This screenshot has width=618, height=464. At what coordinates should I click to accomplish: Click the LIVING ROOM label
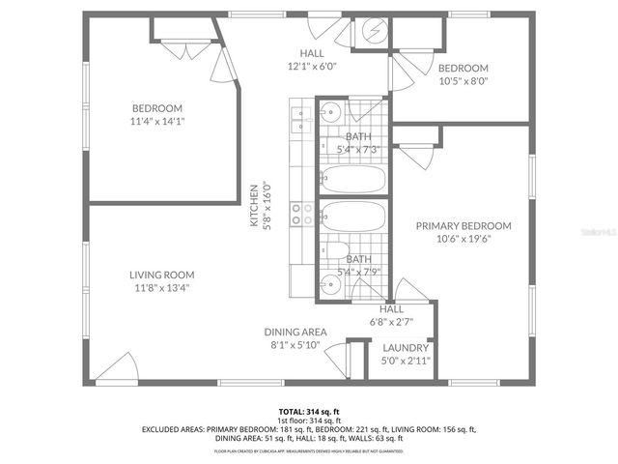click(x=161, y=274)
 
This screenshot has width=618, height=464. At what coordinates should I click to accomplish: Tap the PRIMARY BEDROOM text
click(x=463, y=225)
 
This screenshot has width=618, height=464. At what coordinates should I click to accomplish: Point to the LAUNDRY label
click(x=405, y=347)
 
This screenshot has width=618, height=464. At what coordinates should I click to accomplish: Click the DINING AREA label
click(x=295, y=332)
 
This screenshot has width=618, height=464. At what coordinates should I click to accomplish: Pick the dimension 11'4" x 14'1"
click(x=156, y=122)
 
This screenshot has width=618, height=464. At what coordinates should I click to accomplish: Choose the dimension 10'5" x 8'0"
click(x=463, y=82)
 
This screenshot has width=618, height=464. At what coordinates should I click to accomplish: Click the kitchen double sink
click(x=296, y=119)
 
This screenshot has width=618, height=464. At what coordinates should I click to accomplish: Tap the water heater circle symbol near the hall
click(x=372, y=32)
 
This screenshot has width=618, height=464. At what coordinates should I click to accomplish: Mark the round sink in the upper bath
click(x=327, y=110)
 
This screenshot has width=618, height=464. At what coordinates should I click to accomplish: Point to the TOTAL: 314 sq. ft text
click(x=308, y=411)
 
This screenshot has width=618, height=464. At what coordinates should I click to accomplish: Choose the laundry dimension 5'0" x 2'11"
click(x=405, y=361)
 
